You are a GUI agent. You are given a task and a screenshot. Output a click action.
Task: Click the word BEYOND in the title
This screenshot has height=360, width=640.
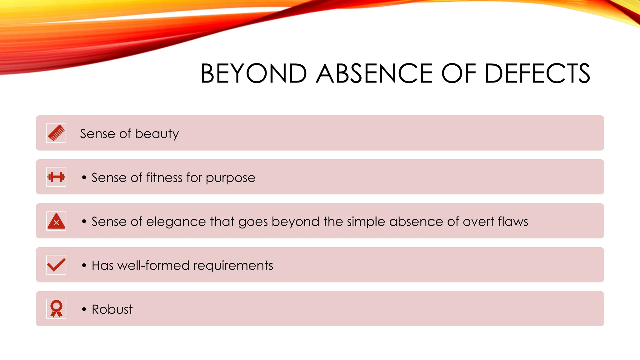[x=254, y=73]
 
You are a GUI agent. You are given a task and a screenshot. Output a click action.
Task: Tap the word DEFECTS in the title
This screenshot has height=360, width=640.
[x=537, y=73]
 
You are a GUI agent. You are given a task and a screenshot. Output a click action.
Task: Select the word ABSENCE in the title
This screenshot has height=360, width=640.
[x=374, y=73]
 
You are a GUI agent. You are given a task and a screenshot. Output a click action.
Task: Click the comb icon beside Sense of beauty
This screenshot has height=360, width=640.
[x=56, y=133]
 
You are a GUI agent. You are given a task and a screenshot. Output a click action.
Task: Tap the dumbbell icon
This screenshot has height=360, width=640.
[x=56, y=177]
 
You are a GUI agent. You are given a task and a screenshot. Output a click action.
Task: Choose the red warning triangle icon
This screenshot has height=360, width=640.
[x=56, y=221]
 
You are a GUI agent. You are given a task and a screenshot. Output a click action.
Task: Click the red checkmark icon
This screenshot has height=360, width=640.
[x=56, y=265]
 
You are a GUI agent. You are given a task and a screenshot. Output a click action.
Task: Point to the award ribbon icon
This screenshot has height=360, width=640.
[x=56, y=309]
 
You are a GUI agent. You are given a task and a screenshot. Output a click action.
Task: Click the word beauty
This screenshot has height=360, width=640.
[x=157, y=134]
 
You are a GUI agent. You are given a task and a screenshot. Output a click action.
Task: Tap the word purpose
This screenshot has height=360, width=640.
[x=231, y=178]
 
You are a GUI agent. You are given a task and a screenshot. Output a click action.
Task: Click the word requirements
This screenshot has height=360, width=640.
[x=233, y=266]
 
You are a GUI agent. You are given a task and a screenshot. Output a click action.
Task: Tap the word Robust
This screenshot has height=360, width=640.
[x=112, y=309]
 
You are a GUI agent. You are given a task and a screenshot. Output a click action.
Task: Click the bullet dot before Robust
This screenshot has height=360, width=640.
[x=84, y=309]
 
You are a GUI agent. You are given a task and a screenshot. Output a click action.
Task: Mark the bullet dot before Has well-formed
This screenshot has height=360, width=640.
[x=84, y=266]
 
